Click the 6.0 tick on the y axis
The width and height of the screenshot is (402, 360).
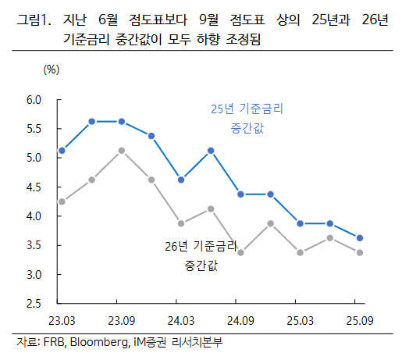point(34,100)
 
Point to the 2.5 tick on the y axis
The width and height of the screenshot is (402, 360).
point(34,304)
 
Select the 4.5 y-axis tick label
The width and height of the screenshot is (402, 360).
point(34,187)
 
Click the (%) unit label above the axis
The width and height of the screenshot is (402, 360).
point(52,70)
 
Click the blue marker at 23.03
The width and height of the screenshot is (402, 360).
point(62,150)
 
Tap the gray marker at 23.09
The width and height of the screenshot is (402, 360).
point(122,150)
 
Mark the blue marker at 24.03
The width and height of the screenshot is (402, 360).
point(181,180)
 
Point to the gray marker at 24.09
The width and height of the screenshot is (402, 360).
point(240,252)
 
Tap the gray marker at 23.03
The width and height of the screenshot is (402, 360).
point(62,201)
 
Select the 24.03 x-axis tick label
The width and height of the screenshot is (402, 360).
point(180,321)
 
